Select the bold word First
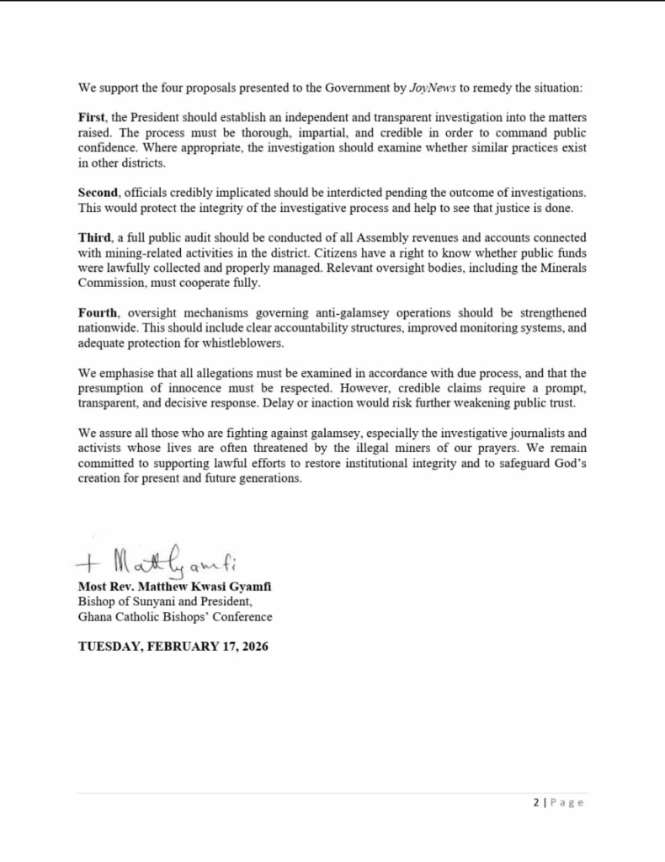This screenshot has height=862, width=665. click(93, 117)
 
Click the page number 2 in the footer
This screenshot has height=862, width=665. click(537, 802)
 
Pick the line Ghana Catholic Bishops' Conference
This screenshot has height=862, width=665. click(175, 617)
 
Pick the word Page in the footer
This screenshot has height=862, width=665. click(568, 802)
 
